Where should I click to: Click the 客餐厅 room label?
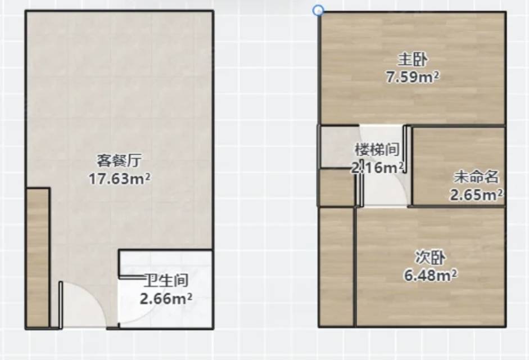[119, 161]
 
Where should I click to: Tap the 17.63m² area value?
[119, 179]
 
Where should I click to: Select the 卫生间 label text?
[166, 280]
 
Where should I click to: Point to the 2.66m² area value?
[166, 298]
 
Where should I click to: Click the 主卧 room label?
[413, 60]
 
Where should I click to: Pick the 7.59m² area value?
[413, 77]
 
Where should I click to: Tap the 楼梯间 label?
[377, 149]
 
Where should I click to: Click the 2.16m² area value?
[377, 167]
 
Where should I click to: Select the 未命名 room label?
[476, 177]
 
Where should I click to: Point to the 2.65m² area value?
[476, 195]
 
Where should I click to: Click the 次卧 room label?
[430, 258]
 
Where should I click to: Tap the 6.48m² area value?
[431, 275]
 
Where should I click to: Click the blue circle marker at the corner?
[318, 11]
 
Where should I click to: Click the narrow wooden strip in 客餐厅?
[38, 257]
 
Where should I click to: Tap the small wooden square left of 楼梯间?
[337, 187]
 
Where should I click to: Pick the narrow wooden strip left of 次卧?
[336, 267]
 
